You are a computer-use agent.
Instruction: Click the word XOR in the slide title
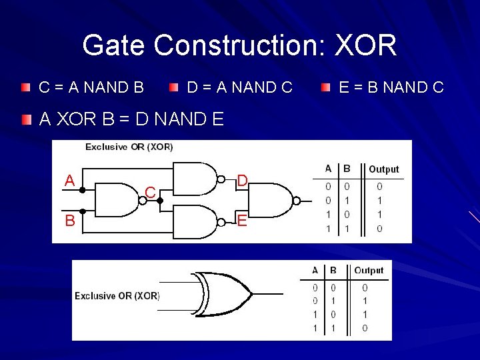(365, 46)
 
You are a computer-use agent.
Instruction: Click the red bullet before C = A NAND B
(25, 87)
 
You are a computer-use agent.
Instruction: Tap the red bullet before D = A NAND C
(174, 87)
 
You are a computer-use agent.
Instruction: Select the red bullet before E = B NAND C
(325, 87)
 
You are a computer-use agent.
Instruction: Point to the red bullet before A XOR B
(25, 120)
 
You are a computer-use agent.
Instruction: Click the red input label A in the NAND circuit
(69, 181)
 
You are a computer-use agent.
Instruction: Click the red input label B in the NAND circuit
(69, 220)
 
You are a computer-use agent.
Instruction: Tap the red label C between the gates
(151, 193)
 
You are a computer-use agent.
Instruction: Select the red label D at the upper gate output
(243, 180)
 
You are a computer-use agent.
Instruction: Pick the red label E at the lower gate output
(242, 220)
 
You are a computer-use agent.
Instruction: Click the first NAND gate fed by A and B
(120, 200)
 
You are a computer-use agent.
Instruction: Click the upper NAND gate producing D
(196, 180)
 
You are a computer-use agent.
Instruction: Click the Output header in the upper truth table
(383, 169)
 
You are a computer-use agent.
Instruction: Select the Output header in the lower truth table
(369, 270)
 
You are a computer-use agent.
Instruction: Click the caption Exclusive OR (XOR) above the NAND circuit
(129, 147)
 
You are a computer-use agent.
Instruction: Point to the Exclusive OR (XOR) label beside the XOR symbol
(117, 296)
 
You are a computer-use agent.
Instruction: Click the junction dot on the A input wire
(82, 190)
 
